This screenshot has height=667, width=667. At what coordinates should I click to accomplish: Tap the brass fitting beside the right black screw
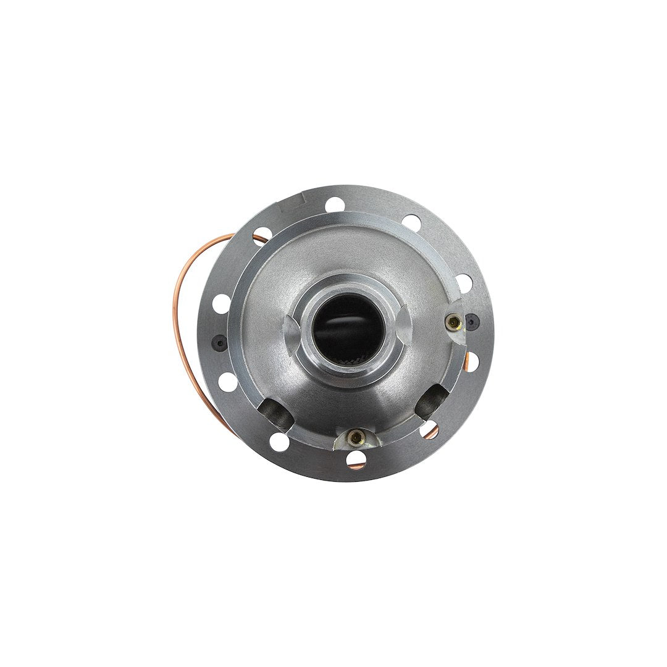click(x=455, y=321)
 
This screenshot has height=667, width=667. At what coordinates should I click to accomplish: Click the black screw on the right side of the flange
click(x=472, y=321)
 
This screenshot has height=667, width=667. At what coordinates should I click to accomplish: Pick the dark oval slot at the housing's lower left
click(x=277, y=413)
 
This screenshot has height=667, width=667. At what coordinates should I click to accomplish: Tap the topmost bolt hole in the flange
click(x=334, y=204)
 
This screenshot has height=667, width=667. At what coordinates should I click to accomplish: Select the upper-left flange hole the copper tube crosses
click(x=261, y=236)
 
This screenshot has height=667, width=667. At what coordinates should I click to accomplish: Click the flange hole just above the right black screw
click(x=463, y=283)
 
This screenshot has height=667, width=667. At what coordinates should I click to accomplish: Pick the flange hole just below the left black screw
click(x=227, y=381)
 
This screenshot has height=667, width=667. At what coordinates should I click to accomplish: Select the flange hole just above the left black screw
click(x=222, y=304)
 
